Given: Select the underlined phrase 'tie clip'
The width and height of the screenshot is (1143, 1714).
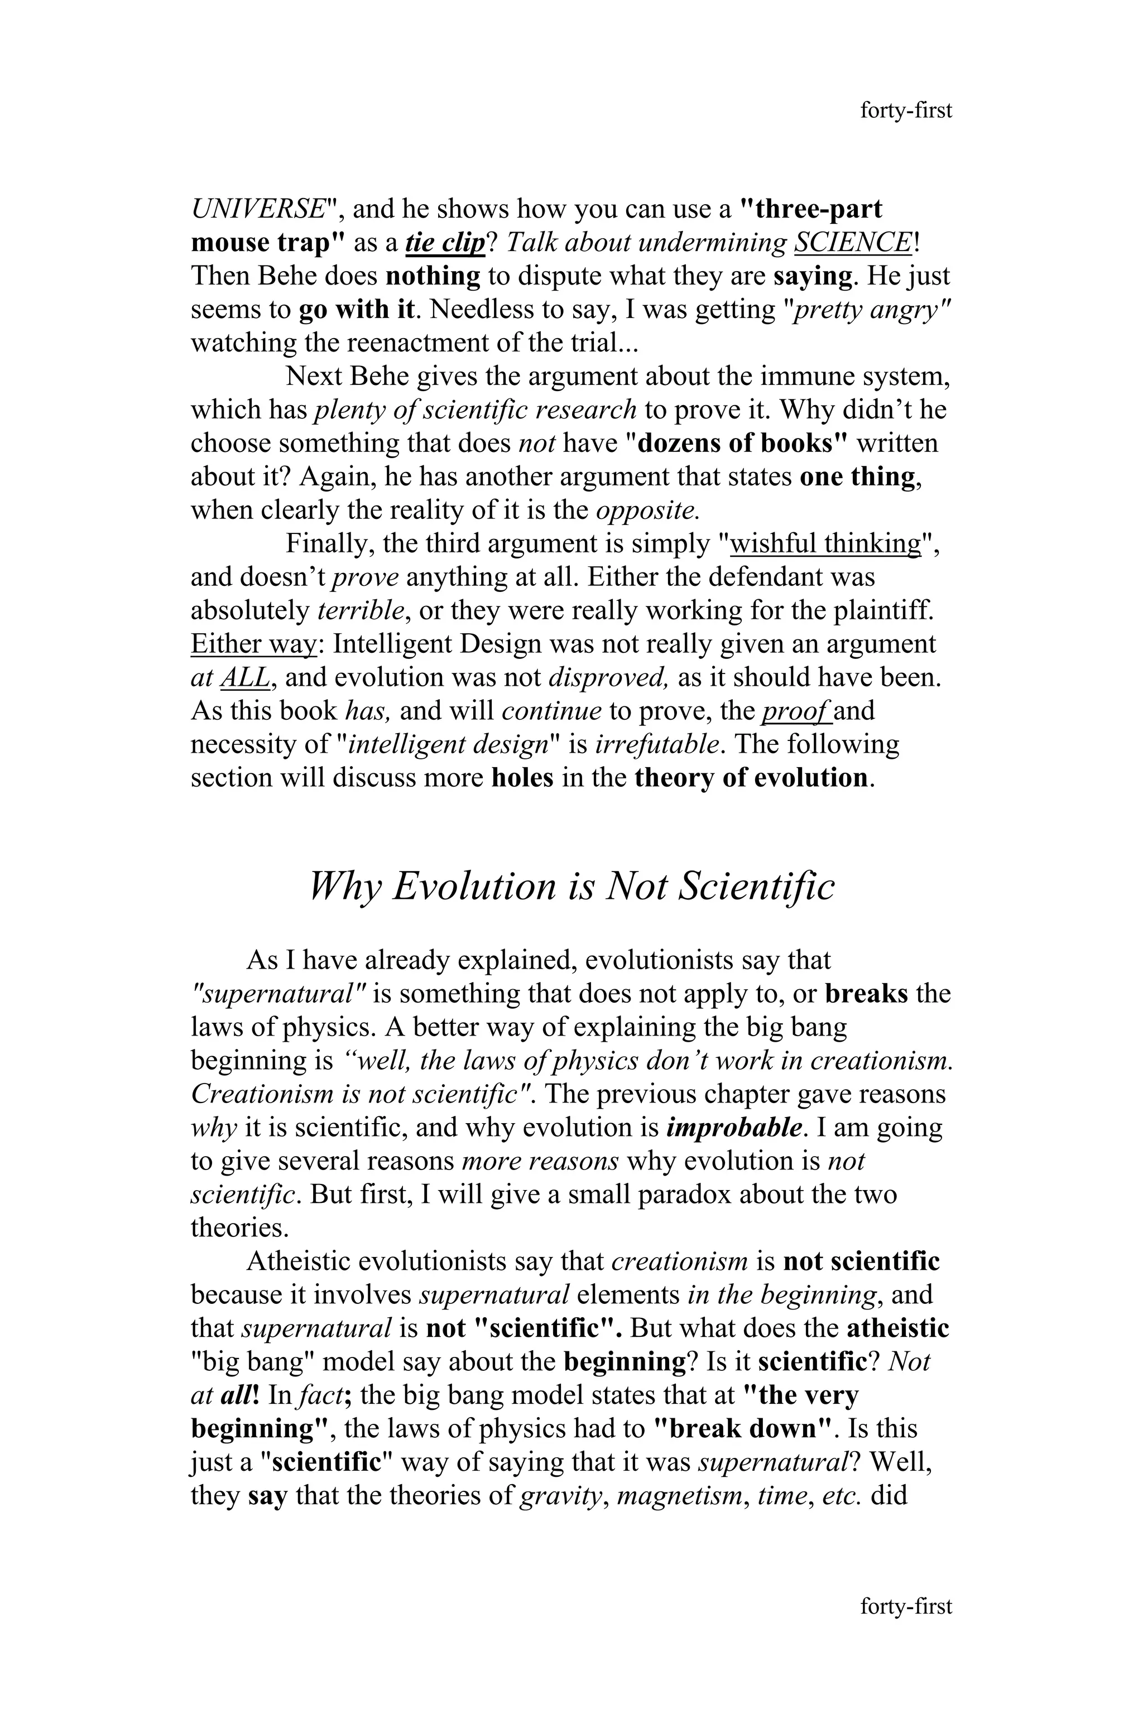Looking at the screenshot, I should (x=445, y=243).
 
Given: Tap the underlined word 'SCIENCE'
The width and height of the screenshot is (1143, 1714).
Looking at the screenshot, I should (x=852, y=243).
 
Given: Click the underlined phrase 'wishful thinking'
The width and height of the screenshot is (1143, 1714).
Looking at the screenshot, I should (x=825, y=543).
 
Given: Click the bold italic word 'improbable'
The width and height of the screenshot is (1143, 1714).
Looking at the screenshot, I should (x=734, y=1128).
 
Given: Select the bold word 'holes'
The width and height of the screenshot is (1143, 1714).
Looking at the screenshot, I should (x=522, y=778).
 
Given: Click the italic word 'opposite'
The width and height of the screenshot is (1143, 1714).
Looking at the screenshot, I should (x=647, y=510).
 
